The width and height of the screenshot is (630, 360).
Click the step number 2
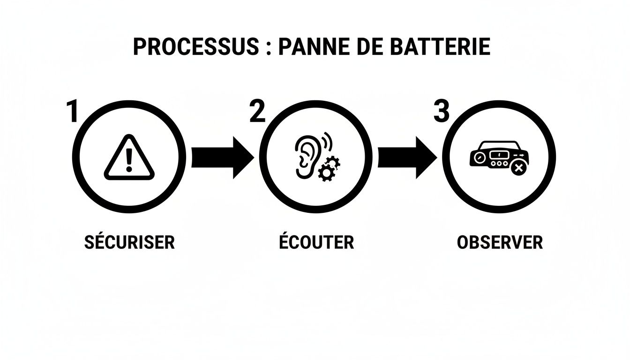(x=257, y=112)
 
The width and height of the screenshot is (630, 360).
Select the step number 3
(x=441, y=112)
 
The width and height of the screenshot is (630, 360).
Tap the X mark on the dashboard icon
(x=517, y=168)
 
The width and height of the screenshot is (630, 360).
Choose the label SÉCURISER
(x=129, y=242)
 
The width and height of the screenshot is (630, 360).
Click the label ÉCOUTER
(x=316, y=242)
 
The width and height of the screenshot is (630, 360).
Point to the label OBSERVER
(x=500, y=242)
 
